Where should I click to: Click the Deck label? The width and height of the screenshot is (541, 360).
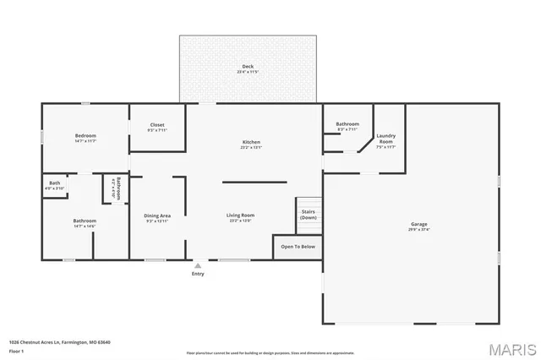coord(248,67)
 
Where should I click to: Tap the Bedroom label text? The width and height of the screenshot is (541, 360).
coord(85,136)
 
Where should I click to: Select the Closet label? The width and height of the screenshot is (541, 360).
coord(157,124)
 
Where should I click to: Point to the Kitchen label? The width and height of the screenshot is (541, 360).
coord(251,142)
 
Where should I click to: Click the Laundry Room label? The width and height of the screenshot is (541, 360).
coord(386,138)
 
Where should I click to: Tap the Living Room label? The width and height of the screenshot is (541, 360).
coord(240,215)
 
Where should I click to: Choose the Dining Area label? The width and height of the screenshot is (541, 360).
coord(158,215)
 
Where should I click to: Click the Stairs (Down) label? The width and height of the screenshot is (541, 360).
coord(309,215)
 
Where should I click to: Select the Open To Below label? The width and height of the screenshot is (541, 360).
coord(298,247)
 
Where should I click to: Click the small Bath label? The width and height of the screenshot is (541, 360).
coord(54,183)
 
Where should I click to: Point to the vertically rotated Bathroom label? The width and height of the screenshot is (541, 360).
coord(119,187)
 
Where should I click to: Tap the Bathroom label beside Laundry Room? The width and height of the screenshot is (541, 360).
coord(347,124)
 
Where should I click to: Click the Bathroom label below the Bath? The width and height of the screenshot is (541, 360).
coord(85,221)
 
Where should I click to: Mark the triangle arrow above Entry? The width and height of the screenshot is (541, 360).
coord(198,265)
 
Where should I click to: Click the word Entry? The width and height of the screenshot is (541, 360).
coord(198,274)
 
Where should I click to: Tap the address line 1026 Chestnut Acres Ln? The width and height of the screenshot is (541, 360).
coord(59,342)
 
